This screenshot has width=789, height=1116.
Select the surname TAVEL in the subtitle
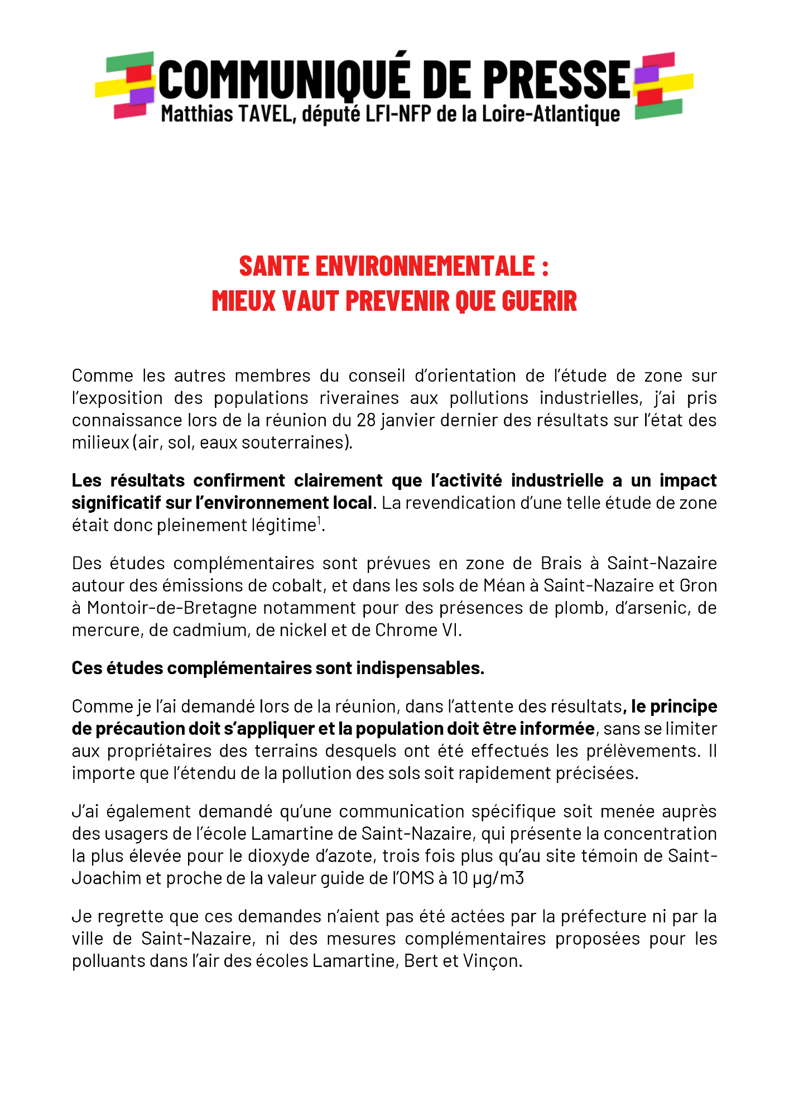[x=265, y=114]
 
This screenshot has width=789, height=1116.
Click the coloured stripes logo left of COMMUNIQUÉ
[x=125, y=85]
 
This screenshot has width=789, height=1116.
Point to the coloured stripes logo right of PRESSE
[x=663, y=85]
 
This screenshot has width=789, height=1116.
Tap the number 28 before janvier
[x=367, y=420]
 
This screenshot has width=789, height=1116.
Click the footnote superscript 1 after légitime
[x=319, y=521]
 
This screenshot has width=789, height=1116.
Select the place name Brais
[x=561, y=563]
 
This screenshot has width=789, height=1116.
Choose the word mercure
[x=107, y=630]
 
